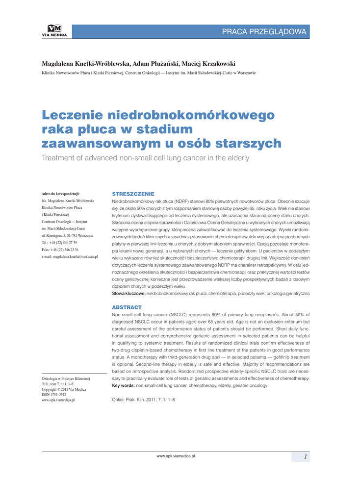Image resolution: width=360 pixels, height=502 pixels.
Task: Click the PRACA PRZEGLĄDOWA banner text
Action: (x=264, y=32)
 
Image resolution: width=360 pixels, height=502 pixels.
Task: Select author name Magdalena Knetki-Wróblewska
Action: (x=86, y=64)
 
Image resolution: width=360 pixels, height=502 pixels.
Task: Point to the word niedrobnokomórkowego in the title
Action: (x=191, y=115)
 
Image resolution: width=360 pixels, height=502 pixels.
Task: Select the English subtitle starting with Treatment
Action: (x=145, y=158)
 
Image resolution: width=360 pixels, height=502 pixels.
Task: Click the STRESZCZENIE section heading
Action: (x=133, y=194)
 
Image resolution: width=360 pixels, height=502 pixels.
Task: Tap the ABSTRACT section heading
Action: (x=127, y=307)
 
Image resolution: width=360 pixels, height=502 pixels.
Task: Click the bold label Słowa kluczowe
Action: (x=129, y=293)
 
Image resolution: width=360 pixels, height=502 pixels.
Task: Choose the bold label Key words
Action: (x=124, y=386)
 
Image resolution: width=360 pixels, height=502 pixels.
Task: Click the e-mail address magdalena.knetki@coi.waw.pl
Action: (x=70, y=256)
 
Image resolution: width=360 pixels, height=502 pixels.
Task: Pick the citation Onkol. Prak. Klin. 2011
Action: (x=144, y=400)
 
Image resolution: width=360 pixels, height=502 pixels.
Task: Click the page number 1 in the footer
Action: (x=305, y=457)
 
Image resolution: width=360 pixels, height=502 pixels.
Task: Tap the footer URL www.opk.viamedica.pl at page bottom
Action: (x=176, y=456)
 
